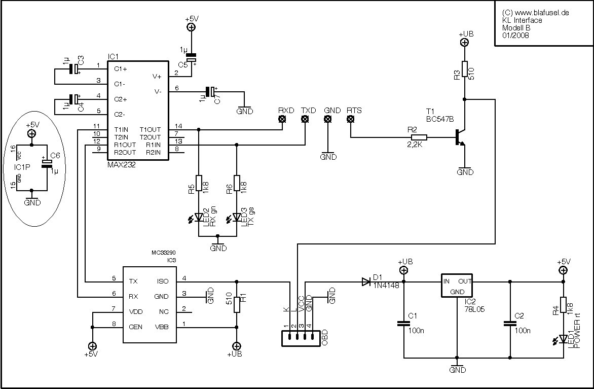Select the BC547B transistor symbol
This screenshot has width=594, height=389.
(460, 137)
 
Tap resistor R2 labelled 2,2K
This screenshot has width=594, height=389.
(419, 137)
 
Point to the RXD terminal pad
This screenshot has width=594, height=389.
(282, 120)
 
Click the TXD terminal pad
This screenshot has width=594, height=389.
(305, 120)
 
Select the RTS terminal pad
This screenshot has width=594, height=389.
(350, 120)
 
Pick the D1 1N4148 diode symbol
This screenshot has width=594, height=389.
(366, 281)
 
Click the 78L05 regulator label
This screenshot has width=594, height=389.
(474, 308)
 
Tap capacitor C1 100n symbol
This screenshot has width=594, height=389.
(403, 323)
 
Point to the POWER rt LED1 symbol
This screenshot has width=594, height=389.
(562, 338)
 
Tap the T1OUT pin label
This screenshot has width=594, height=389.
(150, 129)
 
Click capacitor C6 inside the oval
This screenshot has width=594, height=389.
(47, 163)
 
